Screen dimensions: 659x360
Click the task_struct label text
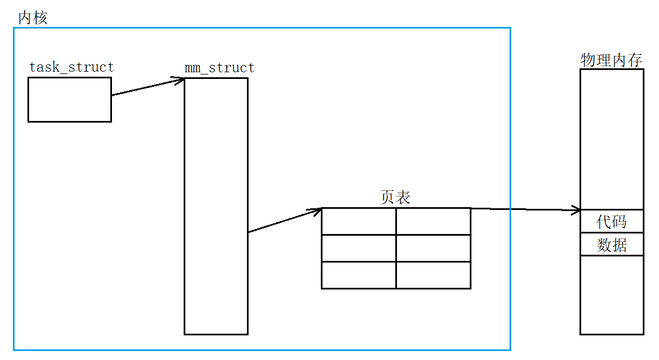click(71, 68)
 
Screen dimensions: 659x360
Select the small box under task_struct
click(69, 100)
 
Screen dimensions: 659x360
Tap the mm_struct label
click(219, 68)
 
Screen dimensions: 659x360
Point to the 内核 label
click(33, 17)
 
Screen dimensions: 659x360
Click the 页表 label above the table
click(395, 197)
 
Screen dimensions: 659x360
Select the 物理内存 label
click(611, 60)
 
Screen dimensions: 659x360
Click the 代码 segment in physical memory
click(611, 222)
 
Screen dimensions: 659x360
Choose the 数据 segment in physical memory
click(611, 245)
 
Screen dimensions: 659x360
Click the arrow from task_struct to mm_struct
click(148, 87)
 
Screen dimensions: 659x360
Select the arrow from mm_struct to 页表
click(284, 221)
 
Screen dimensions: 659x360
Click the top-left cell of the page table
click(359, 222)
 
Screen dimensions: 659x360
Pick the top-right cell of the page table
click(433, 222)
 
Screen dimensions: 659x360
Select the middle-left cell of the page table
click(359, 248)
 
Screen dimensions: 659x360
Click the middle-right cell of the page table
click(433, 248)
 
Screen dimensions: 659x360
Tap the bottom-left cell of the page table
click(359, 275)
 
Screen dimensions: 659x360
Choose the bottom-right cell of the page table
click(433, 275)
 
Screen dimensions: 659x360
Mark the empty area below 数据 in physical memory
click(611, 294)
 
